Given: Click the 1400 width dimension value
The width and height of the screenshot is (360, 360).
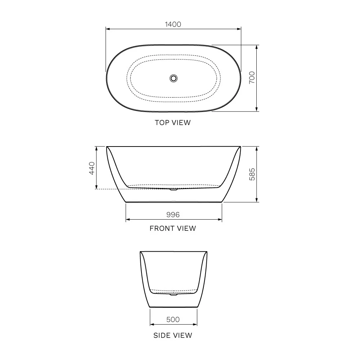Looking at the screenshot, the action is coord(173,24).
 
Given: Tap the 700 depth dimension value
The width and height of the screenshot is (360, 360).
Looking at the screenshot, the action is coord(252,77).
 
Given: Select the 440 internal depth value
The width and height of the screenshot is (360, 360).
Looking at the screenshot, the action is coord(92,168).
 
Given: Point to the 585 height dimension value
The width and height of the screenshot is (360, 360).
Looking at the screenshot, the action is coord(252,174).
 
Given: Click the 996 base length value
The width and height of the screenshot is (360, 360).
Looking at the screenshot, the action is coord(173,215).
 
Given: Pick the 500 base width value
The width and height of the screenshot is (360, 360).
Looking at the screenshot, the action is coord(173,319).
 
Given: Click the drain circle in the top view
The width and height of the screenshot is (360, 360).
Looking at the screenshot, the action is coord(174,78).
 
